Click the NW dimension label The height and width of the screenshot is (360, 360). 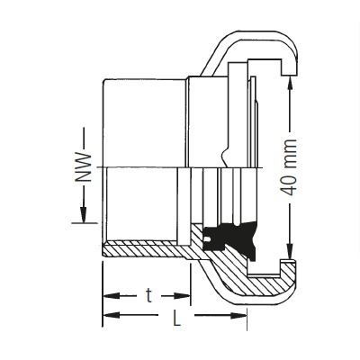point(82,167)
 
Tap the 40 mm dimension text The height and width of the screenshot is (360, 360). point(289,167)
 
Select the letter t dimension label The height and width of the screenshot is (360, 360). point(148,295)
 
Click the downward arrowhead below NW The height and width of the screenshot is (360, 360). point(84,214)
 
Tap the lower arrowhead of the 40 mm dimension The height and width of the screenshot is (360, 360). point(290,251)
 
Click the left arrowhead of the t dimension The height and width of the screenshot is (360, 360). point(112,296)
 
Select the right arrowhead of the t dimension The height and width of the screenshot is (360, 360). point(182,296)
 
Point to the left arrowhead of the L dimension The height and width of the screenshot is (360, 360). point(112,315)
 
